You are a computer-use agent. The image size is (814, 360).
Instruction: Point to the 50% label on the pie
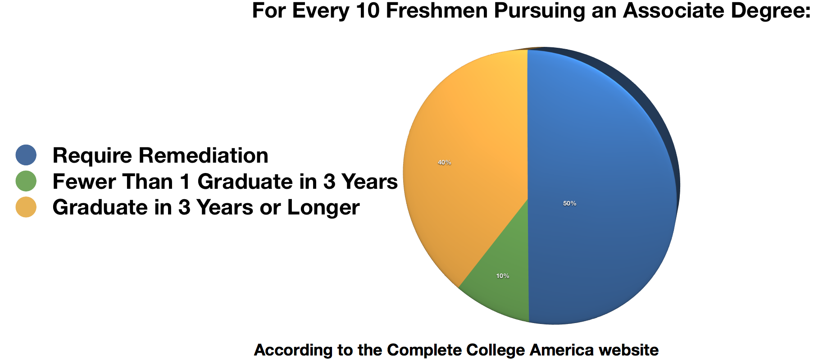pyautogui.click(x=569, y=203)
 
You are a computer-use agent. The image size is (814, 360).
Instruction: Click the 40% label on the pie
pyautogui.click(x=444, y=162)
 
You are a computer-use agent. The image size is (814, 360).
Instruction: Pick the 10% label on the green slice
pyautogui.click(x=503, y=276)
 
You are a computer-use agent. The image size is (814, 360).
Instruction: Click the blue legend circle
pyautogui.click(x=26, y=155)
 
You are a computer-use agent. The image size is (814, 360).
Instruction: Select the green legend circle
pyautogui.click(x=26, y=181)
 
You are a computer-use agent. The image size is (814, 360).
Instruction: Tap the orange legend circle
pyautogui.click(x=26, y=207)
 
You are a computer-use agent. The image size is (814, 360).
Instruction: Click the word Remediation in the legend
pyautogui.click(x=204, y=155)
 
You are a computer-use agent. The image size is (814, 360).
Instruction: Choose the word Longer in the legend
pyautogui.click(x=323, y=208)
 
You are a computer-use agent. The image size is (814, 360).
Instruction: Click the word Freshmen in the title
pyautogui.click(x=437, y=10)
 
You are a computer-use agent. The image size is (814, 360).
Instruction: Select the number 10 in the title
pyautogui.click(x=367, y=10)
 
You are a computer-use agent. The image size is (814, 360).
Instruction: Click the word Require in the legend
pyautogui.click(x=92, y=156)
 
